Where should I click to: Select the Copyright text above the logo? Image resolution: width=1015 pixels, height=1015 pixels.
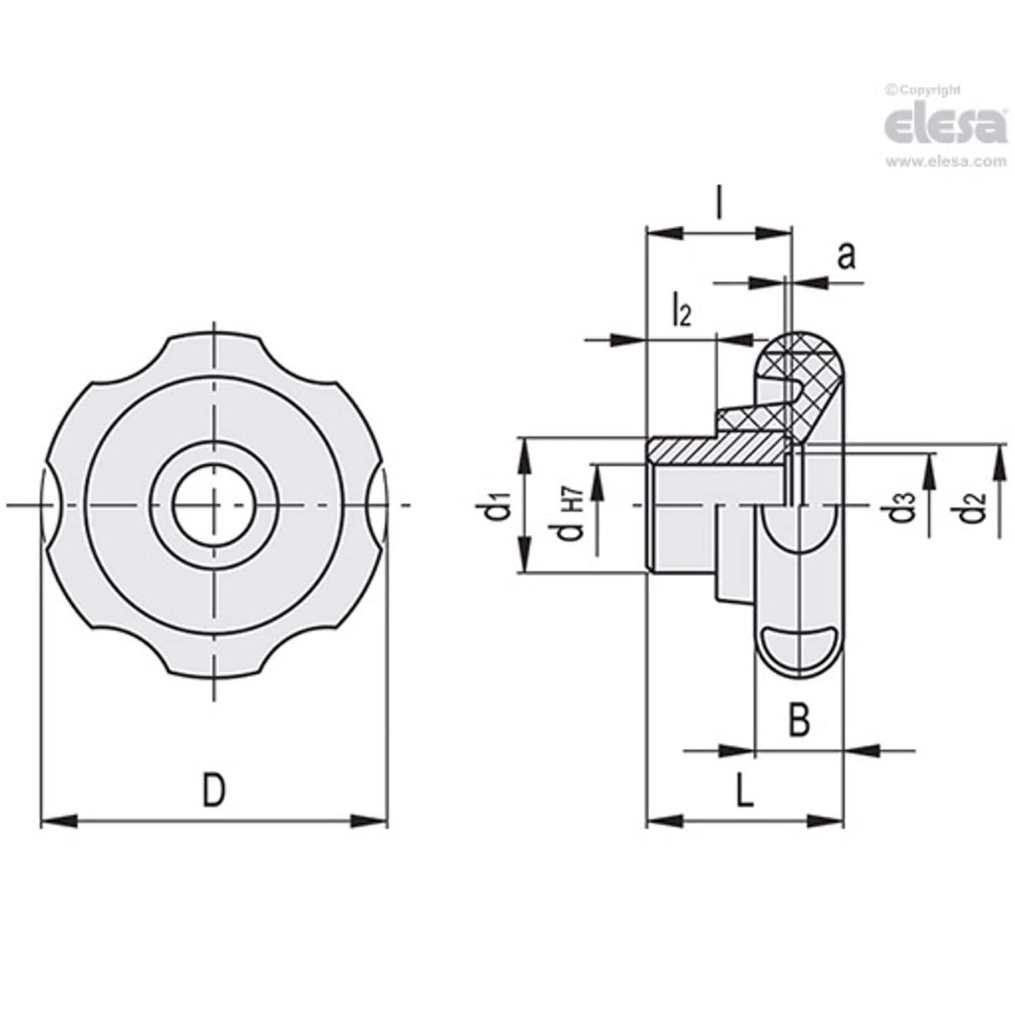(x=923, y=89)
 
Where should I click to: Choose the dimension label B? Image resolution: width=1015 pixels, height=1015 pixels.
(x=799, y=720)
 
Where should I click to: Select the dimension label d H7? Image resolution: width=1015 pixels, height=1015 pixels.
(x=572, y=517)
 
